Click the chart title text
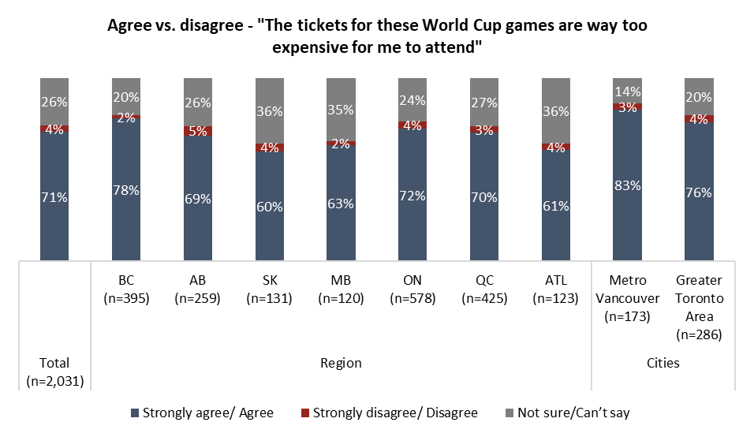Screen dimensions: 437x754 tap(377, 35)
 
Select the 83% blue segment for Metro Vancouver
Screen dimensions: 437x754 tap(627, 185)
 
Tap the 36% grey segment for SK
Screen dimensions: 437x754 tap(269, 110)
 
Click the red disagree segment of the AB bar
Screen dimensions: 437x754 tap(197, 131)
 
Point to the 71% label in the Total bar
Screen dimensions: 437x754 tap(54, 197)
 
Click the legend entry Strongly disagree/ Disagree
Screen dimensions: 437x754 tap(389, 412)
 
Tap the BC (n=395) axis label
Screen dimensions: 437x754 tap(125, 289)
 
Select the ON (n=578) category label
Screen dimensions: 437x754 tap(412, 289)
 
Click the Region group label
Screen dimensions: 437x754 tap(340, 363)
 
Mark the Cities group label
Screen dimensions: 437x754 tap(663, 363)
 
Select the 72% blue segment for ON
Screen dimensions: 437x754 tap(412, 194)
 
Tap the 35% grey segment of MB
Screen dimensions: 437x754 tap(341, 109)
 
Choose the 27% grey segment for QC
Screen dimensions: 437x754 tap(483, 101)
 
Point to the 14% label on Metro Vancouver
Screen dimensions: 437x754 tap(627, 92)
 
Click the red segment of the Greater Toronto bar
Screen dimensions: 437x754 tap(699, 119)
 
